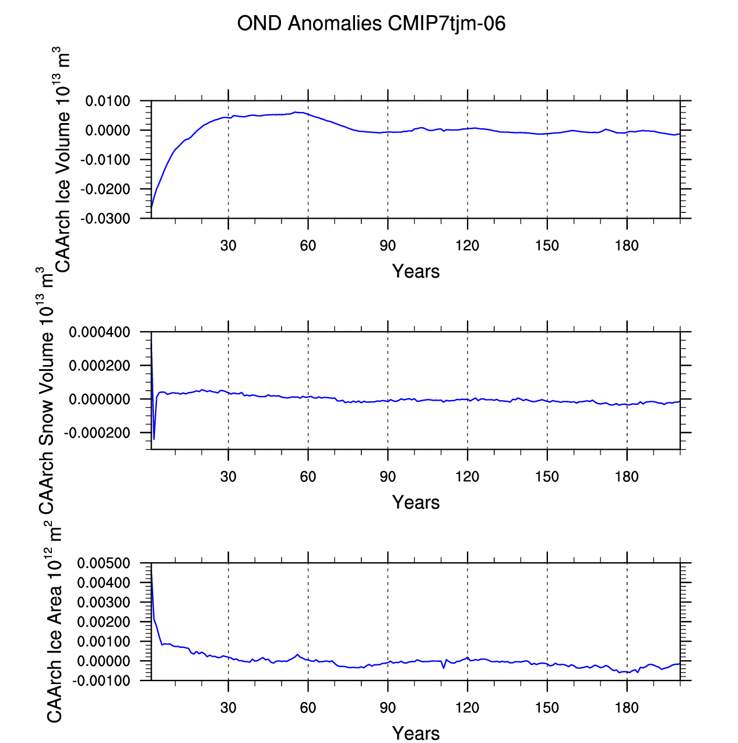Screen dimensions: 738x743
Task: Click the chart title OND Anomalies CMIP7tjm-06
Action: tap(371, 24)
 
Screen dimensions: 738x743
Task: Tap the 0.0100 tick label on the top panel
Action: tap(108, 101)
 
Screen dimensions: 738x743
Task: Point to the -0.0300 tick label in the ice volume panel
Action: tap(106, 219)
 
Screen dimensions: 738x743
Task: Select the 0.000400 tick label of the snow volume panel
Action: tap(100, 332)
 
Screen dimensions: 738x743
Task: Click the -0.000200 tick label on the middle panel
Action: tap(97, 433)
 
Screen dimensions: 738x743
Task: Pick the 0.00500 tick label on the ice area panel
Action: tap(104, 563)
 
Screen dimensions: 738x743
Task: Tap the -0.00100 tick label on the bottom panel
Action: tap(101, 681)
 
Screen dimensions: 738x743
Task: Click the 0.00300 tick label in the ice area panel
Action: tap(104, 602)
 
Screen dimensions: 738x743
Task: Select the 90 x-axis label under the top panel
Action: tap(388, 246)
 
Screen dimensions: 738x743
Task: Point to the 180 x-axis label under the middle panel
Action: tap(627, 477)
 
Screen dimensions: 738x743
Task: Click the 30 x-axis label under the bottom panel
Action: tap(229, 708)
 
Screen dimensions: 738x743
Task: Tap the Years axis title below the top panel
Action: tap(416, 271)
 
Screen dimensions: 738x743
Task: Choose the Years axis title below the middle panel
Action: tap(416, 502)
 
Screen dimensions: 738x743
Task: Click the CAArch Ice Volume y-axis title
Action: tap(62, 160)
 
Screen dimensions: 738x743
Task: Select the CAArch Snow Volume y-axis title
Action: tap(45, 391)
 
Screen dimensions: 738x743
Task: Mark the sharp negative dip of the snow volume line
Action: tap(154, 439)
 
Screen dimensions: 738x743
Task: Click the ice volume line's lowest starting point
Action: tap(152, 207)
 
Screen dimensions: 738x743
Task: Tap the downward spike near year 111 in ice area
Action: tap(444, 668)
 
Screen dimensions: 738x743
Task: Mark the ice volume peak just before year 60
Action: tap(296, 112)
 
